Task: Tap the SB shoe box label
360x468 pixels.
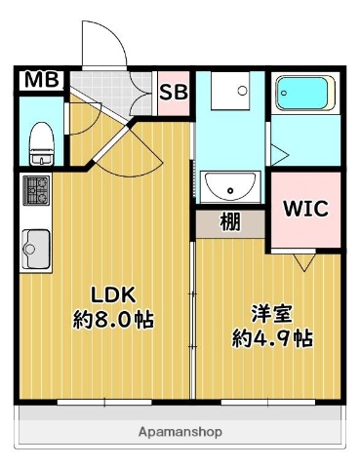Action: coord(174,93)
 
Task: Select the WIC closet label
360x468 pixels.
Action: coord(304,209)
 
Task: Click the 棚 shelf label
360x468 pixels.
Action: coord(229,221)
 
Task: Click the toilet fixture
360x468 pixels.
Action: coord(41,144)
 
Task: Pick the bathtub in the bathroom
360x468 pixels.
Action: coord(305,93)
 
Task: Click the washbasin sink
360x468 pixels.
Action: coord(230,184)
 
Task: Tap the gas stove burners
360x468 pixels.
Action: coord(36,189)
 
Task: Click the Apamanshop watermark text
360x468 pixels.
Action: coord(180,431)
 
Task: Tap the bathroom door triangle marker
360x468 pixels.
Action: coord(277,151)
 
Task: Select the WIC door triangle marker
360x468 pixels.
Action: coord(304,261)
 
